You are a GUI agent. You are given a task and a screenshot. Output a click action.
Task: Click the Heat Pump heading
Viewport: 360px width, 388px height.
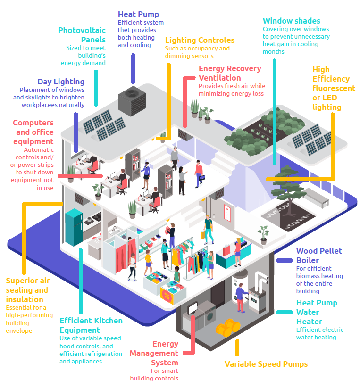pyautogui.click(x=138, y=14)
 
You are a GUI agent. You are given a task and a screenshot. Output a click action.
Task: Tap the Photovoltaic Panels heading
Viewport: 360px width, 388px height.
pyautogui.click(x=82, y=35)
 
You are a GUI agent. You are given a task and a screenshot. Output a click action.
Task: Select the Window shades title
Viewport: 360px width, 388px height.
pyautogui.click(x=292, y=21)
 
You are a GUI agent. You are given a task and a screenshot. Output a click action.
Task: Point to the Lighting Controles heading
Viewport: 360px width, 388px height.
pyautogui.click(x=200, y=40)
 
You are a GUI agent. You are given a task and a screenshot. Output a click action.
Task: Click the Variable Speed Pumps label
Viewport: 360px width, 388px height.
pyautogui.click(x=266, y=364)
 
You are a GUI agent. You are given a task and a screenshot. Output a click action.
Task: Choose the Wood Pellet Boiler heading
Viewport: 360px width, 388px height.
pyautogui.click(x=319, y=256)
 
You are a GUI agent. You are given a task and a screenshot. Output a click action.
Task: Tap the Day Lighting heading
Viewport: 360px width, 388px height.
pyautogui.click(x=61, y=82)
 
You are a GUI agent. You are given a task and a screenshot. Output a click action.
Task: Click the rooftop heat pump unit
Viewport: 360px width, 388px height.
pyautogui.click(x=132, y=101)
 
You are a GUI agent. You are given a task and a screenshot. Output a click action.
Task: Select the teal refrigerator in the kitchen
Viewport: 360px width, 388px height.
pyautogui.click(x=74, y=227)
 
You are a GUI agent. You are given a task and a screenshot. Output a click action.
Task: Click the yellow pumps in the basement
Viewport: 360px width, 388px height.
pyautogui.click(x=228, y=327)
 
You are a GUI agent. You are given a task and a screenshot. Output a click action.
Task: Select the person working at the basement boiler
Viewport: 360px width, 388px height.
pyautogui.click(x=241, y=297)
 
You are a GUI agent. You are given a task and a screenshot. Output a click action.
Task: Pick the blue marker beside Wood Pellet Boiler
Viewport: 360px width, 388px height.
pyautogui.click(x=285, y=260)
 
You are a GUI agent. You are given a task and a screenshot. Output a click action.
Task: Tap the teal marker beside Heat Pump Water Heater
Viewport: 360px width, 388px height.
pyautogui.click(x=285, y=312)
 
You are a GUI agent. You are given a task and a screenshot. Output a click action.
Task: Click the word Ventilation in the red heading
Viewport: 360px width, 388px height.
pyautogui.click(x=219, y=78)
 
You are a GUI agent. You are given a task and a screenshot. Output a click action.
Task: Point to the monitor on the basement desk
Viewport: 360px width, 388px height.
pyautogui.click(x=193, y=308)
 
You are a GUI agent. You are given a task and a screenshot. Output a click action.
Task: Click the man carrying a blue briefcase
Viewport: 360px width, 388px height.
pyautogui.click(x=199, y=173)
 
